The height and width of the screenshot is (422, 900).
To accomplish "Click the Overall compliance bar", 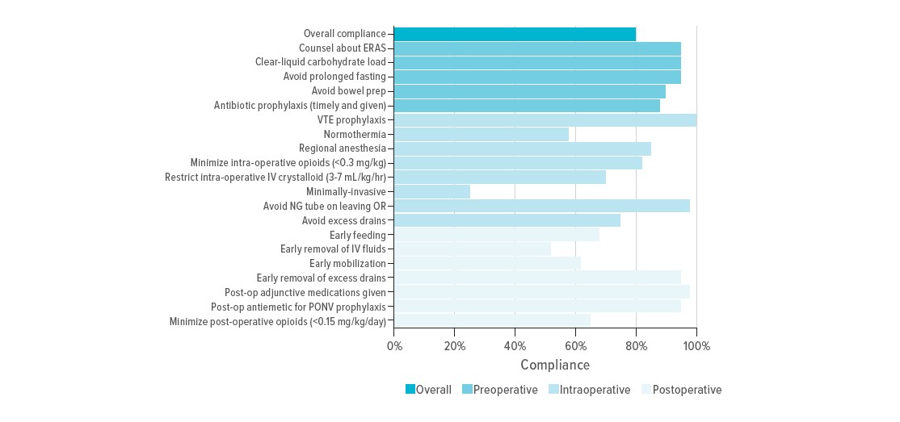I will [515, 33].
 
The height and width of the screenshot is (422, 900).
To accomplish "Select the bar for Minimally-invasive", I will [432, 191].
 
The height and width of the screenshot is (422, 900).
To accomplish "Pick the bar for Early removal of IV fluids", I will [473, 249].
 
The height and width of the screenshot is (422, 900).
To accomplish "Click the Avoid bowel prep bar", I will [530, 90].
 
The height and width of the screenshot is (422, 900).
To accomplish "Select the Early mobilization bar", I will [487, 264].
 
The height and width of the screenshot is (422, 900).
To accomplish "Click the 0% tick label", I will [394, 345].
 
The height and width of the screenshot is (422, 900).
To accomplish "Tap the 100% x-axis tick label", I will [696, 345].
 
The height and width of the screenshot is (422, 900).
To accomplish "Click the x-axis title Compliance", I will [555, 365].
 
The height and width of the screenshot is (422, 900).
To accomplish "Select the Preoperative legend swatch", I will [468, 390].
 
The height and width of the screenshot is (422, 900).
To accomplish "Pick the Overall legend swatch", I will [410, 390].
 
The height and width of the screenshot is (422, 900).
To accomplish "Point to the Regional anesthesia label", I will [343, 148].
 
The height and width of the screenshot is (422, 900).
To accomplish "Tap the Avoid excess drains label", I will [344, 220].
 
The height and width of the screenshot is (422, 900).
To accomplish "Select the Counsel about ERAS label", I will [343, 48].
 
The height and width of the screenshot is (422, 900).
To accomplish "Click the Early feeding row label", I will [358, 235].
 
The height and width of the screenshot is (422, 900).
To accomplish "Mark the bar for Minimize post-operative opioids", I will [492, 321].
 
